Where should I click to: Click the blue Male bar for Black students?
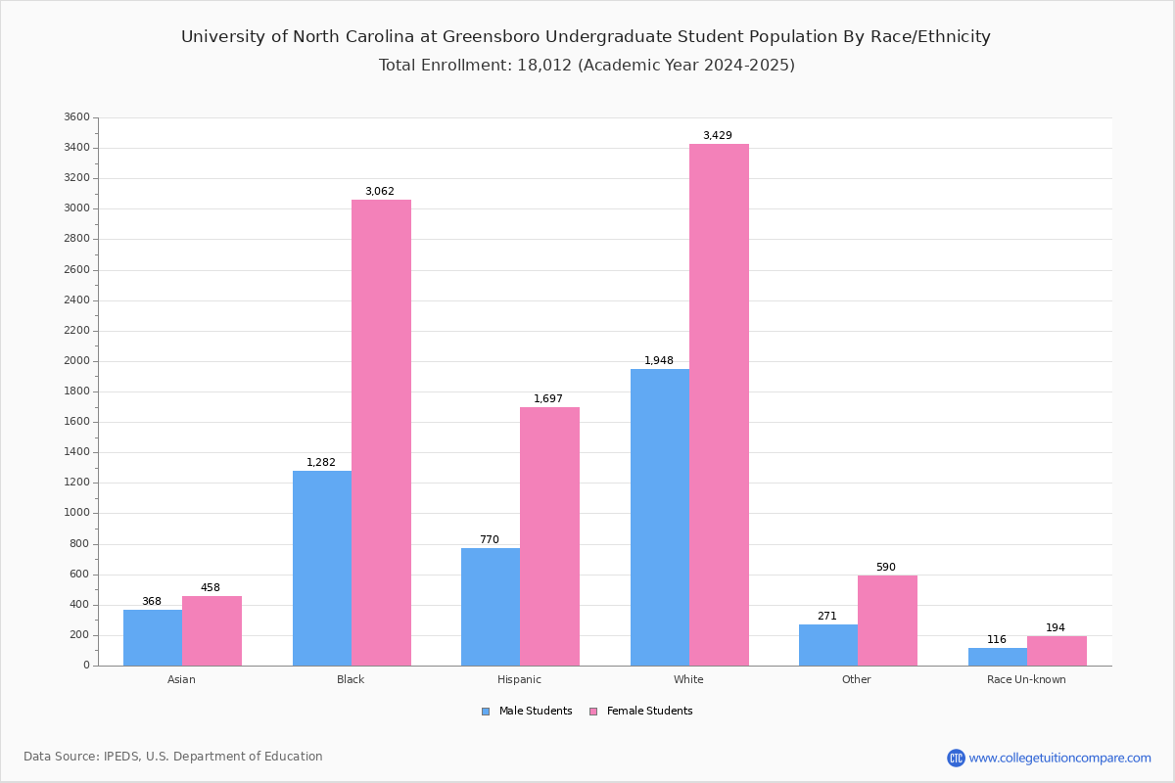[322, 568]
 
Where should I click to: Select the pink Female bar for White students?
[719, 405]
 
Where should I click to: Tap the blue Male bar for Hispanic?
[491, 607]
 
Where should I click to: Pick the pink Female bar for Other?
[887, 621]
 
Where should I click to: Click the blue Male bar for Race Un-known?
[998, 657]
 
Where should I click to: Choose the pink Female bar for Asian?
[211, 631]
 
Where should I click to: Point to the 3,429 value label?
[718, 135]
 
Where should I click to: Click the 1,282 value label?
[321, 462]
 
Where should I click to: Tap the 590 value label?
[886, 567]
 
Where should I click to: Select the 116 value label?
[997, 639]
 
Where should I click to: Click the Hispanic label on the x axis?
[519, 679]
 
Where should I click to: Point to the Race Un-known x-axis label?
[1026, 679]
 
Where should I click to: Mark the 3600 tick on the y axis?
[77, 116]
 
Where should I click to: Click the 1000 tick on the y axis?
[77, 513]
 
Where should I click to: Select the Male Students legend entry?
[527, 712]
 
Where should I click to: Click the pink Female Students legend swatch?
[593, 712]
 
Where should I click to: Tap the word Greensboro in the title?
[491, 37]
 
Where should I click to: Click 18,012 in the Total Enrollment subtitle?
[544, 65]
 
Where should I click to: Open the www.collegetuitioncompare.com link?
[1060, 758]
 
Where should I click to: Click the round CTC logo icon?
[956, 758]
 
